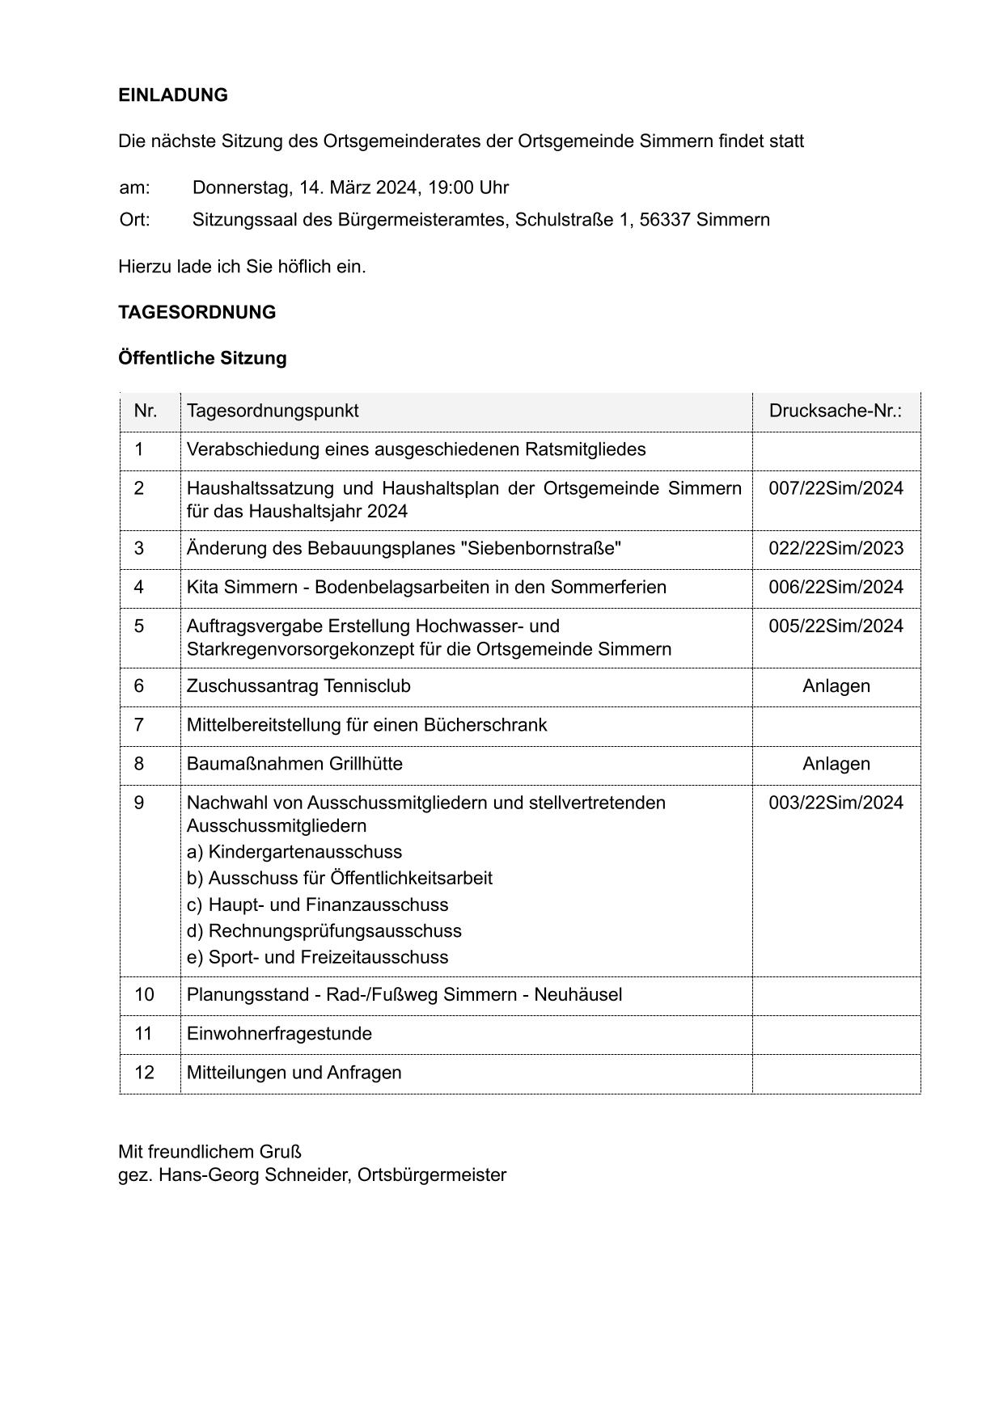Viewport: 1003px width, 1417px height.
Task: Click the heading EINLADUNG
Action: click(173, 95)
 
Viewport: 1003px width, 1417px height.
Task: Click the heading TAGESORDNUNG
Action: click(197, 313)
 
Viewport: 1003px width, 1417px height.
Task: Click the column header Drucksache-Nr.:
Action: click(836, 411)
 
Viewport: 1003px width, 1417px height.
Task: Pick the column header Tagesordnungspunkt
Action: click(273, 411)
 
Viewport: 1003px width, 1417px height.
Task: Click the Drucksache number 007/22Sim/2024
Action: click(836, 488)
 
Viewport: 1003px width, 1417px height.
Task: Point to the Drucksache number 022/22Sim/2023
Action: click(836, 549)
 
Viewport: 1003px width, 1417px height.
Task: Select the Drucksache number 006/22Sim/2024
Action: click(836, 588)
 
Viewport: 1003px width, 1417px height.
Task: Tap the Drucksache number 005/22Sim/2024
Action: click(836, 626)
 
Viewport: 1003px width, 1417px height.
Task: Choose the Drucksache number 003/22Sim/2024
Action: click(836, 803)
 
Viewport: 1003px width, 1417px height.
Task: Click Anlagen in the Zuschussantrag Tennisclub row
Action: click(836, 686)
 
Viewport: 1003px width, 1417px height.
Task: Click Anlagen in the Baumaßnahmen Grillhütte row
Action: click(836, 764)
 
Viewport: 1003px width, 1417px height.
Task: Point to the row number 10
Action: click(144, 994)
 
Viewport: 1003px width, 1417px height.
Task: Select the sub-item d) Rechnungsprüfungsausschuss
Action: click(324, 931)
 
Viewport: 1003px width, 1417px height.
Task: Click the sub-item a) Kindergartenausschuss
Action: click(294, 852)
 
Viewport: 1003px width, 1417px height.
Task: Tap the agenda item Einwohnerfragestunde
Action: click(279, 1034)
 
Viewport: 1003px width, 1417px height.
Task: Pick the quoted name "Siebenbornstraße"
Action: click(540, 549)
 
